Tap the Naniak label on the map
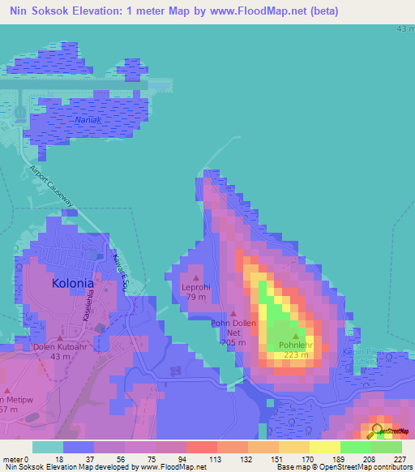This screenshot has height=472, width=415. [88, 120]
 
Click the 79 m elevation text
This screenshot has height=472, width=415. [196, 298]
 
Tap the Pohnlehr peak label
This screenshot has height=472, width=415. [295, 345]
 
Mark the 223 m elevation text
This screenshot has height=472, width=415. [296, 354]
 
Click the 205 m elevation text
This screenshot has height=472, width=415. [234, 342]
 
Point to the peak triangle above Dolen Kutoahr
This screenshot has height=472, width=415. [60, 338]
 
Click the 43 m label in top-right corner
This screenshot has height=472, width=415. [404, 28]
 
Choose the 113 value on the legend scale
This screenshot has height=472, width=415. [217, 458]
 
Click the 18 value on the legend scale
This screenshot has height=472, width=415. [58, 458]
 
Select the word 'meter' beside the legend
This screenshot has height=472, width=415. [14, 458]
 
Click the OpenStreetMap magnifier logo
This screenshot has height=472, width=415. [378, 431]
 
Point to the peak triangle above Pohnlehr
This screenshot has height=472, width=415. [296, 336]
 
